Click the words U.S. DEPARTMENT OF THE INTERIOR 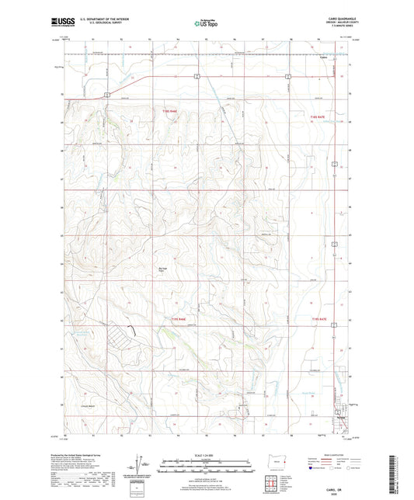100,20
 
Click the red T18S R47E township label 311,114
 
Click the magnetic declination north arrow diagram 142,464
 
